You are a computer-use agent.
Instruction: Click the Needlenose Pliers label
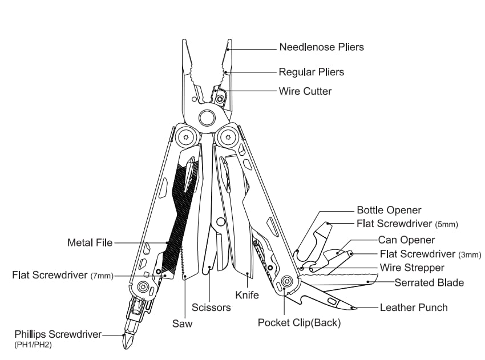pos(321,47)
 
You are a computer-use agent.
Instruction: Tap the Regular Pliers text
pos(311,72)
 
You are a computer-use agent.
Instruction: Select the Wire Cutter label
pos(305,91)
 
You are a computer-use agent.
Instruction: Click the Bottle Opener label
pos(389,211)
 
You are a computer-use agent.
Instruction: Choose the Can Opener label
pos(406,240)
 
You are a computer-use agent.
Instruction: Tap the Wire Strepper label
pos(412,268)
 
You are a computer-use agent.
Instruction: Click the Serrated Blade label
pos(429,282)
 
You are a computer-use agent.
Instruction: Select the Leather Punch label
pos(414,308)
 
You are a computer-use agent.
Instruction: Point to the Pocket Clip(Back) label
pos(299,323)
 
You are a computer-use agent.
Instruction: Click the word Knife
pos(247,295)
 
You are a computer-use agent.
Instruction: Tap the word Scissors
pos(212,308)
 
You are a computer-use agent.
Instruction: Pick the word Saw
pos(183,324)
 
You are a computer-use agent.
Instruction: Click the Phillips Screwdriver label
pos(58,334)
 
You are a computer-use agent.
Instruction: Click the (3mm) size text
pos(470,254)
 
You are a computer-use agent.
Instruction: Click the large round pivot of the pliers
pos(207,118)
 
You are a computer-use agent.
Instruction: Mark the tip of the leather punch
pos(355,308)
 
